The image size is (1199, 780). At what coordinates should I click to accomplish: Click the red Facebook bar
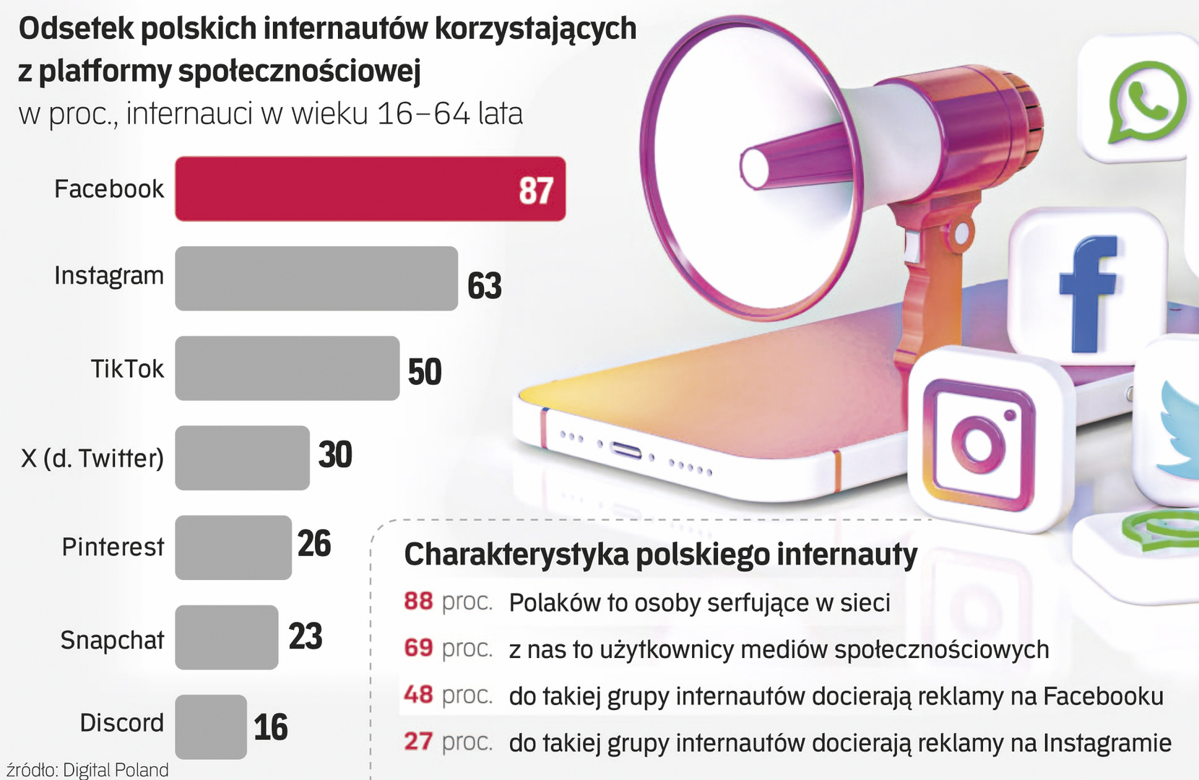[370, 188]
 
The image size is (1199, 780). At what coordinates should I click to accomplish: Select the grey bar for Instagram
[316, 279]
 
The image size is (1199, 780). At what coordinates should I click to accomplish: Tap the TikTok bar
[287, 368]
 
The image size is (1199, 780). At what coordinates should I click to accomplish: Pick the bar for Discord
[211, 727]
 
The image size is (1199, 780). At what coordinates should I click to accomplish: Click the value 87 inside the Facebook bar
[535, 191]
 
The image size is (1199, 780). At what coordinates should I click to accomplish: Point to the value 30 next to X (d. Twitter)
[335, 455]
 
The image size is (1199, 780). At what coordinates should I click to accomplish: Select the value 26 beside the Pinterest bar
[314, 544]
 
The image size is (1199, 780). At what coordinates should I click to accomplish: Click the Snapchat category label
[112, 640]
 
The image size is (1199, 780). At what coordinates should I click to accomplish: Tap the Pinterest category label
[113, 547]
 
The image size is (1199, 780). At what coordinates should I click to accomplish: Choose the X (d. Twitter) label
[92, 458]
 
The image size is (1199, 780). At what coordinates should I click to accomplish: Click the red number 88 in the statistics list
[418, 601]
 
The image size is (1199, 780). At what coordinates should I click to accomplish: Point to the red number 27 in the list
[418, 741]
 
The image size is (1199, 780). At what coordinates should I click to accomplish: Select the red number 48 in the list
[418, 695]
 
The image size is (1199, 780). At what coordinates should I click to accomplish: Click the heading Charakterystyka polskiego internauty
[660, 555]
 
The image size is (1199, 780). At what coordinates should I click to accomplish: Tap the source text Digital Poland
[116, 770]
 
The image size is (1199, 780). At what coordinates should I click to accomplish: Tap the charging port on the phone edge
[626, 451]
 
